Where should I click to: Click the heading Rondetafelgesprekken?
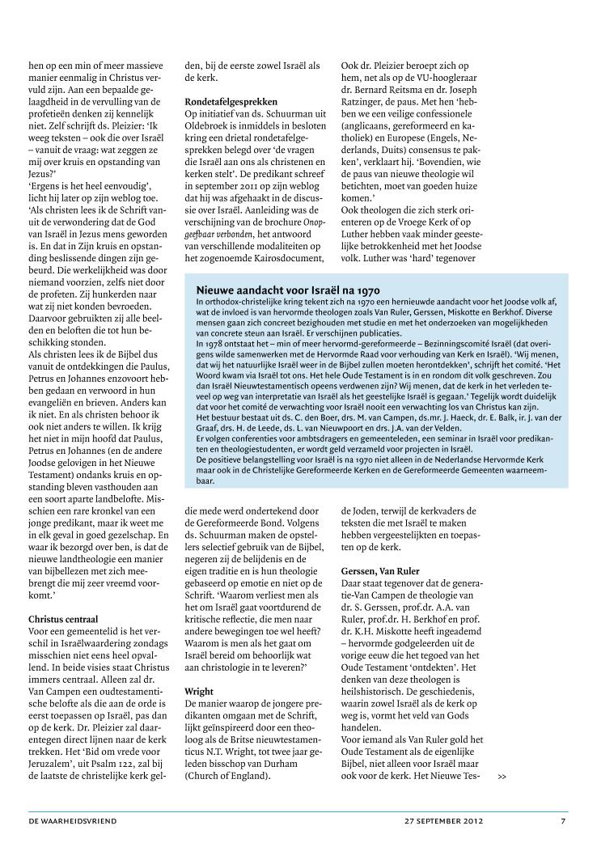[231, 102]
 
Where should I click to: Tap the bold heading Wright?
[199, 692]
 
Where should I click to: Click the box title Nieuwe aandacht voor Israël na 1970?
[288, 290]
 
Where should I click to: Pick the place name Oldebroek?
[211, 128]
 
